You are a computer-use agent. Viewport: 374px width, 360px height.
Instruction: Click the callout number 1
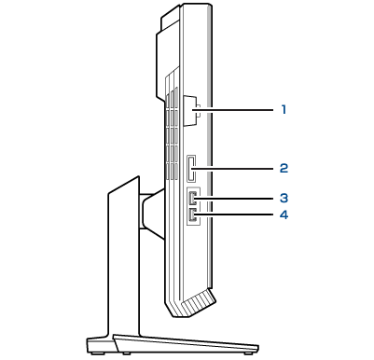[x=284, y=109]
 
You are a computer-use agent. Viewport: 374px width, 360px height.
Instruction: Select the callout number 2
[x=284, y=168]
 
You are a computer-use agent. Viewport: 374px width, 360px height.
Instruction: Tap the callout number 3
[x=284, y=198]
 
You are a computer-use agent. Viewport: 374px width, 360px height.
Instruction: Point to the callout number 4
[x=284, y=215]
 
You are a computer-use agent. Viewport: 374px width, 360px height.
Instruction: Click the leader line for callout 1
[x=233, y=109]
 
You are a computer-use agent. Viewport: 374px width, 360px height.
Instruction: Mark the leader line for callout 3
[x=233, y=199]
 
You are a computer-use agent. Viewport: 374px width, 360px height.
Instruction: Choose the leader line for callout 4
[x=233, y=215]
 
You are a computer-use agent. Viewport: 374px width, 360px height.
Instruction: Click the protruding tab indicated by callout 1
[x=191, y=111]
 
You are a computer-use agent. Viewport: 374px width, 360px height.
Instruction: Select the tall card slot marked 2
[x=191, y=169]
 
